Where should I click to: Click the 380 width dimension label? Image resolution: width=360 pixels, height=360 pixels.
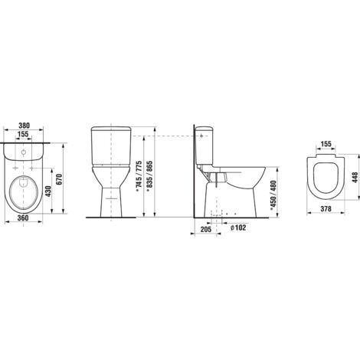coord(24,126)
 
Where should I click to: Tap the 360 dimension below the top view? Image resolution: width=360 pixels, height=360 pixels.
coord(24,218)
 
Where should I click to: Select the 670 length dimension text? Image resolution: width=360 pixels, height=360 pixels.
coord(59,179)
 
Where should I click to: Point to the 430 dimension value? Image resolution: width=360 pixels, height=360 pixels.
coord(47,191)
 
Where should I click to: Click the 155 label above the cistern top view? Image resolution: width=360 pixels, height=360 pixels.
coord(24,134)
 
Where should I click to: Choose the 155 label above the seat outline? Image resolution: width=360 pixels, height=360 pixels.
coord(326,144)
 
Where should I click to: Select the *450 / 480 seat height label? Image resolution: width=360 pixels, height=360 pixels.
coord(273,195)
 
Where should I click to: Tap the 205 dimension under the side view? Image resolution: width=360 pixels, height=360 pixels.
coord(206,229)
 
